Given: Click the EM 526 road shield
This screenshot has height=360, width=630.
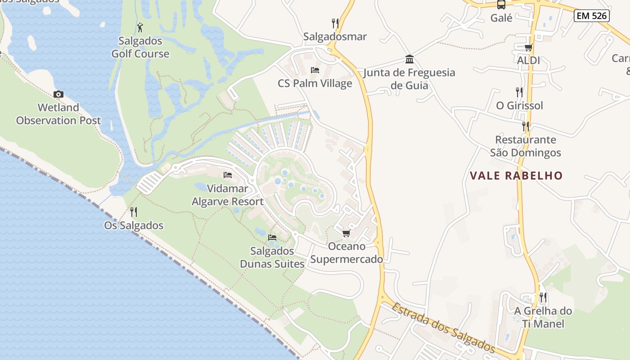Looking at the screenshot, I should click(592, 16).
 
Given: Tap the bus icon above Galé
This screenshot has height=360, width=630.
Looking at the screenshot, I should click(501, 4).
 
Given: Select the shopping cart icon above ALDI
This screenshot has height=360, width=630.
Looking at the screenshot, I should click(528, 47).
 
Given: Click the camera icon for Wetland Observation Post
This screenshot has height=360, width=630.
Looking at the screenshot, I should click(58, 94).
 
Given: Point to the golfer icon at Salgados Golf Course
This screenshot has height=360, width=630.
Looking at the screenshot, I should click(140, 27).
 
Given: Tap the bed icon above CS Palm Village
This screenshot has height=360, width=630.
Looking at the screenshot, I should click(315, 70).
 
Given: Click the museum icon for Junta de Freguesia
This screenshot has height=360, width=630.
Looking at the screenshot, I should click(409, 59).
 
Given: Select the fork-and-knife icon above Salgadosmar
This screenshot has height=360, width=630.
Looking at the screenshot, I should click(335, 23).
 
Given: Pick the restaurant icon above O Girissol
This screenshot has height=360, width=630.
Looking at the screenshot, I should click(519, 92).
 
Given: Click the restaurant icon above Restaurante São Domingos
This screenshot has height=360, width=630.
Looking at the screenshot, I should click(525, 126).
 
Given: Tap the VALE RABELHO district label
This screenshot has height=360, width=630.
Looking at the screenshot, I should click(516, 175).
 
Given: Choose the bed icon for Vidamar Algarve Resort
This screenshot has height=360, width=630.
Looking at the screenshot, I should click(228, 175).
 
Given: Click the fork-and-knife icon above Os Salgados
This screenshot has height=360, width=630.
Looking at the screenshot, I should click(134, 211).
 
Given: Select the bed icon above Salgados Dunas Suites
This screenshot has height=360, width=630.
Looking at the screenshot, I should click(272, 237).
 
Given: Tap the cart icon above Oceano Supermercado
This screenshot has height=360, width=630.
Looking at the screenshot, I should click(346, 233).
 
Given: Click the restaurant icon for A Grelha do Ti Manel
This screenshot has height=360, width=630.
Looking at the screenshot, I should click(543, 297).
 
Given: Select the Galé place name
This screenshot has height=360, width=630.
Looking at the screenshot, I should click(501, 18).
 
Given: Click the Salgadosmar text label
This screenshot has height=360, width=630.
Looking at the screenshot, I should click(335, 36).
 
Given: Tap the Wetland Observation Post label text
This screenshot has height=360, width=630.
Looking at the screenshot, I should click(58, 114).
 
